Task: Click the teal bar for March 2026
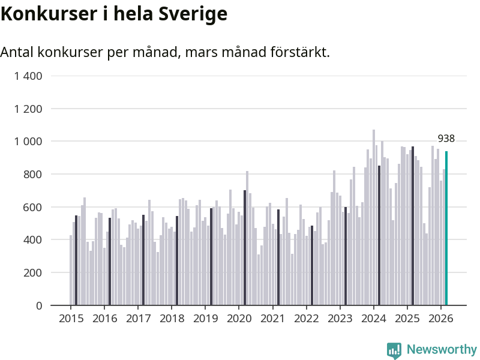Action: point(446,229)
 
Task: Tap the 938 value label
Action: point(446,139)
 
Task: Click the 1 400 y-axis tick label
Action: point(29,76)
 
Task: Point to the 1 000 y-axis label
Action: point(29,142)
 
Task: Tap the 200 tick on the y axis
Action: point(34,273)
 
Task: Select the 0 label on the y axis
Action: point(39,306)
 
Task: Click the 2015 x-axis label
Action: point(71,319)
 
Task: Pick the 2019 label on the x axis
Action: point(205,319)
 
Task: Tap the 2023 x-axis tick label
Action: point(340,319)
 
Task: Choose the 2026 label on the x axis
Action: point(440,319)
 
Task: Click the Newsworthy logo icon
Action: point(394,350)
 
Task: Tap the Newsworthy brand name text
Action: point(442,350)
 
